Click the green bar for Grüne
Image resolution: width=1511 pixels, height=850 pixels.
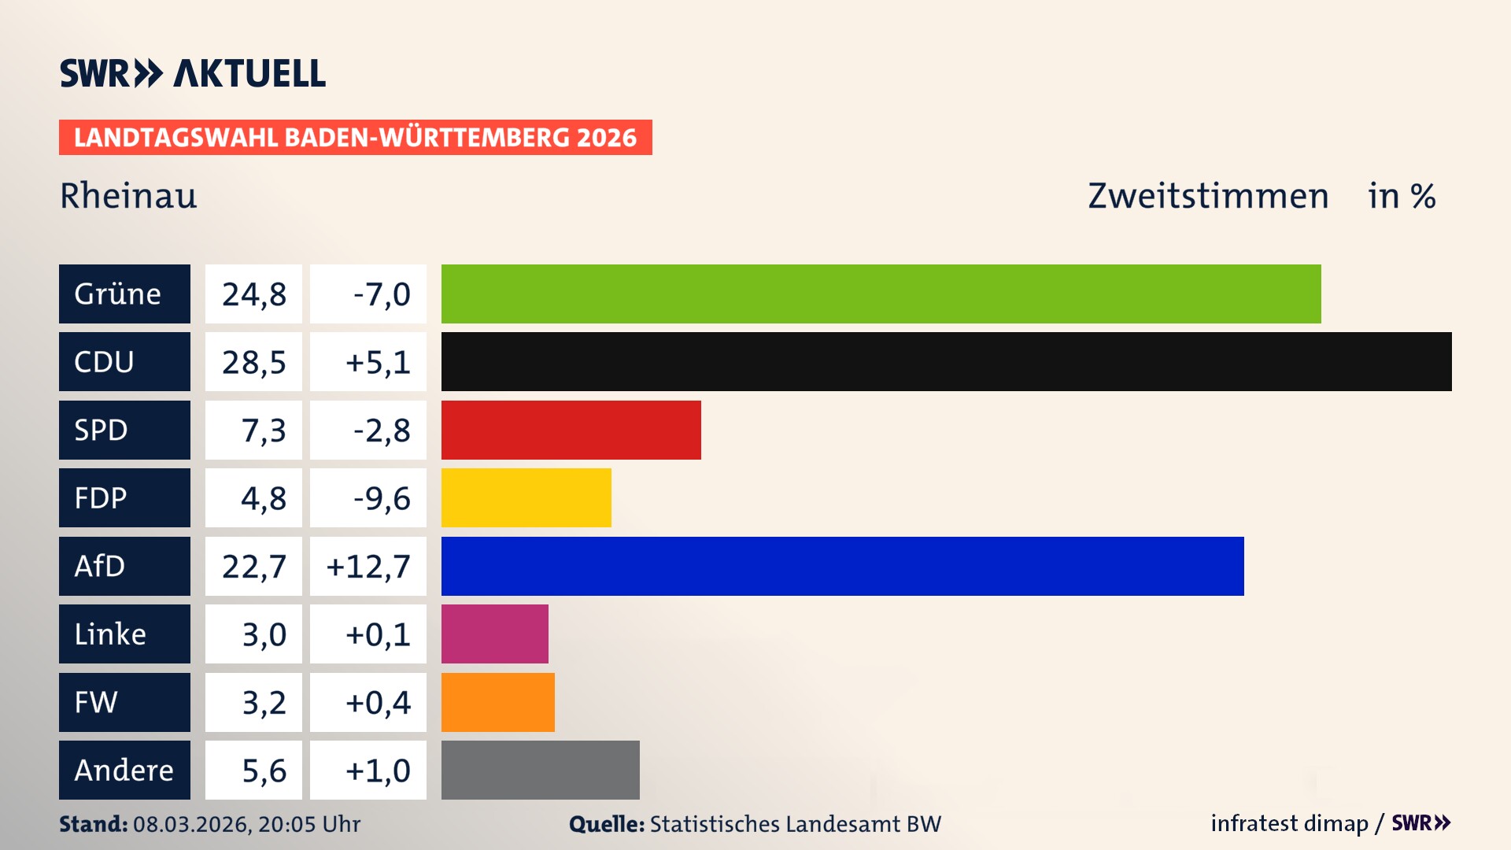click(x=881, y=294)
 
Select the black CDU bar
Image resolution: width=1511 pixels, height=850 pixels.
click(x=946, y=361)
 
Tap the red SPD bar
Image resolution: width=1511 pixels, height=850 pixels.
click(x=571, y=430)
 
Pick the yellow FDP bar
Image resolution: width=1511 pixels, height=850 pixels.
click(x=526, y=497)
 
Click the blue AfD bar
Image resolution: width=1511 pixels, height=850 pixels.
click(x=842, y=566)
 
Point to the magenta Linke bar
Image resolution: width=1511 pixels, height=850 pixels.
click(x=494, y=634)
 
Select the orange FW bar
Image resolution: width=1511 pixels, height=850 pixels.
click(x=497, y=702)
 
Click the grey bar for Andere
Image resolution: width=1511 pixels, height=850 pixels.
click(x=540, y=770)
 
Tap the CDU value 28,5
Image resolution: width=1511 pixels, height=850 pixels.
click(x=253, y=362)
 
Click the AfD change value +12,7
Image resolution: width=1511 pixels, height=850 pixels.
click(x=368, y=567)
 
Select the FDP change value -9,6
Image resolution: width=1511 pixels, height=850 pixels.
click(x=381, y=498)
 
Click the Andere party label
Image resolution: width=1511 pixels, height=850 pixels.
click(x=124, y=770)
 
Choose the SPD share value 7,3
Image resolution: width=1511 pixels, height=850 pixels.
click(x=263, y=431)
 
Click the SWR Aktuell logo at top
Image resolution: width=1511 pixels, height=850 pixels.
click(x=192, y=73)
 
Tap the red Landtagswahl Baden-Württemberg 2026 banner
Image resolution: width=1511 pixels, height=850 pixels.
click(x=355, y=137)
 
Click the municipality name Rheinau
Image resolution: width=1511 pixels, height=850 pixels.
click(x=128, y=196)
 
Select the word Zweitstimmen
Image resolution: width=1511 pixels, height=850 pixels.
click(x=1207, y=196)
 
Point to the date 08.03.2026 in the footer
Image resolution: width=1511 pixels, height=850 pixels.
click(x=191, y=824)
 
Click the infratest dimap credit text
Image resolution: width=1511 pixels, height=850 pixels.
click(x=1288, y=823)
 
